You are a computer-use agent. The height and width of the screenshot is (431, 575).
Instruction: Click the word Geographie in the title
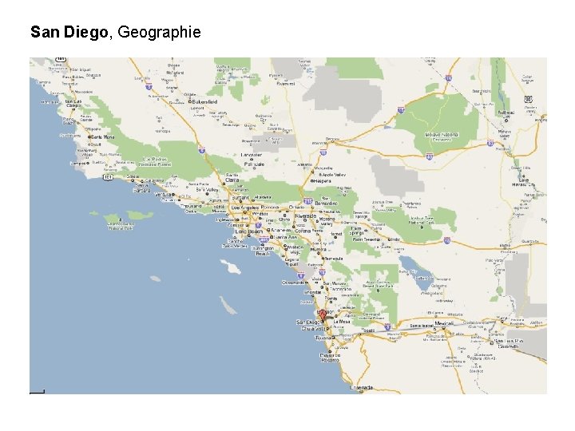[x=159, y=33]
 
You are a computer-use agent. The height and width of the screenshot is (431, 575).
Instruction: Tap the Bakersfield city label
[x=204, y=102]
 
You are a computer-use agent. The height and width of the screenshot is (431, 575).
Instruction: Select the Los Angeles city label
[x=244, y=208]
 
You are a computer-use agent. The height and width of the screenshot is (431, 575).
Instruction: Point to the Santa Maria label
[x=103, y=136]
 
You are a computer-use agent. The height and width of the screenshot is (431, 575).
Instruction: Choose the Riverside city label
[x=306, y=215]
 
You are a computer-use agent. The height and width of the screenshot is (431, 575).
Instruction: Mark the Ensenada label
[x=360, y=387]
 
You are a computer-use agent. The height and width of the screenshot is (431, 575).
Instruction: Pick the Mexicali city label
[x=444, y=323]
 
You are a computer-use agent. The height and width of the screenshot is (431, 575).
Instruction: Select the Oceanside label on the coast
[x=294, y=282]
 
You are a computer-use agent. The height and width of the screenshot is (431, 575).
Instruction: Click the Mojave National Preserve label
[x=442, y=134]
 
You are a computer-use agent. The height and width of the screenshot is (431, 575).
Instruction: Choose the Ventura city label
[x=163, y=194]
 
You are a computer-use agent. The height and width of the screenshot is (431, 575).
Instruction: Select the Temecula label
[x=334, y=258]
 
